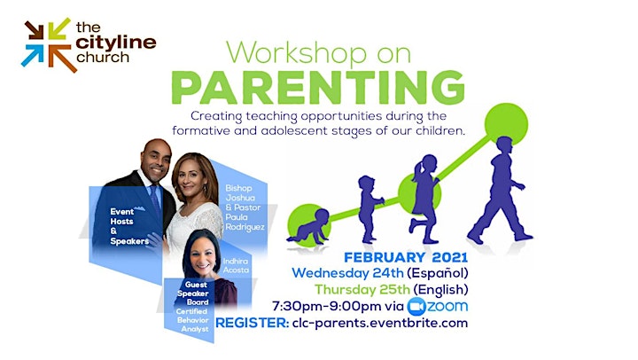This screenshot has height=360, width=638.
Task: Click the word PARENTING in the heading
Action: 318,89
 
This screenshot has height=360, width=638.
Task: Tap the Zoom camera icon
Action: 416,307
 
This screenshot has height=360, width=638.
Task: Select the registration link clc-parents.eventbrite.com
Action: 380,324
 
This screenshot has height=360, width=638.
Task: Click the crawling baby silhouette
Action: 309,227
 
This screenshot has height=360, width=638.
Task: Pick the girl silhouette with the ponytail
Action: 424,200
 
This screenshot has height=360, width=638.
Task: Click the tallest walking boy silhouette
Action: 500,190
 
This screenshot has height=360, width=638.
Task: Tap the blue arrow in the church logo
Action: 32,55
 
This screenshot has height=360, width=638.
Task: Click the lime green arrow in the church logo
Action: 59,28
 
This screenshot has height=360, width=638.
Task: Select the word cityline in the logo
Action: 115,43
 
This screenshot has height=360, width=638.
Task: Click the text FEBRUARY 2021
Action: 406,258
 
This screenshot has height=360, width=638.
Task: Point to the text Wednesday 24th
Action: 347,273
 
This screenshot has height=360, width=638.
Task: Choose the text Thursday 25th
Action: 362,290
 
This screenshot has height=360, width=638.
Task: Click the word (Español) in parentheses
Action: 438,273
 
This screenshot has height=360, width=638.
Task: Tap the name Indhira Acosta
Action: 236,265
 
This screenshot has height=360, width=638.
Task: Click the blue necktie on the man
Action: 155,200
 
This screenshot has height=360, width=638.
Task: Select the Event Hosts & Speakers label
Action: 129,226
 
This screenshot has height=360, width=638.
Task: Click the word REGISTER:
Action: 253,324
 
